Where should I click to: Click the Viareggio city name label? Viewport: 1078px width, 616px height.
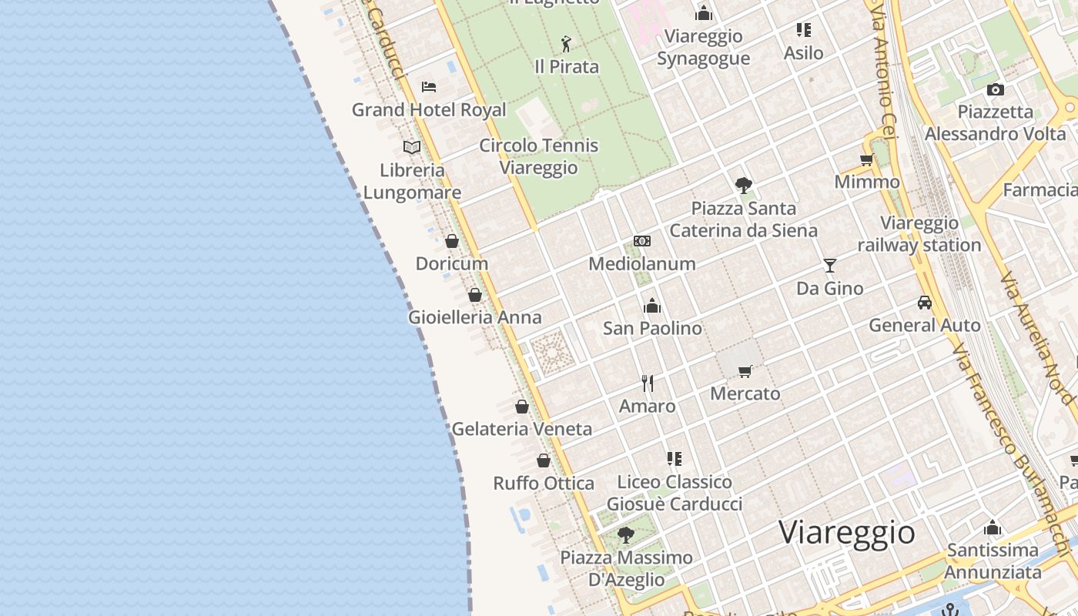tap(846, 532)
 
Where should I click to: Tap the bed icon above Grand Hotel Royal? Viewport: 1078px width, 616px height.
tap(429, 87)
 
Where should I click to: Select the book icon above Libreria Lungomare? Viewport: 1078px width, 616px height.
tap(412, 147)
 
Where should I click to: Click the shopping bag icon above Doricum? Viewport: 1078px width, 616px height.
tap(452, 241)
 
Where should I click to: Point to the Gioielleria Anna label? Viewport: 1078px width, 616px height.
tap(474, 317)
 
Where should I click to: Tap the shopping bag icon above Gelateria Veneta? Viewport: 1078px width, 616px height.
tap(522, 407)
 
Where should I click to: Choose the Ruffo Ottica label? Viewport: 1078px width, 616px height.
tap(544, 484)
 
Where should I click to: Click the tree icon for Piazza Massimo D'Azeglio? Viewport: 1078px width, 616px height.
tap(626, 534)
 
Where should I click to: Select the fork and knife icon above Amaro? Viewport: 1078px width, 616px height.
tap(648, 383)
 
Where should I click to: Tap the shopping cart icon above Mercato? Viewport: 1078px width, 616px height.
tap(745, 371)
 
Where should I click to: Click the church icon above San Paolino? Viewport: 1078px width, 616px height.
tap(652, 306)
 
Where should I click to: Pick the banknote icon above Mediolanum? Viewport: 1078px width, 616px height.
tap(642, 241)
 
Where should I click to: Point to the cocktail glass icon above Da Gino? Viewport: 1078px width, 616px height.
tap(829, 266)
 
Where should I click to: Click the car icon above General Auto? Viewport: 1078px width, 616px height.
tap(925, 303)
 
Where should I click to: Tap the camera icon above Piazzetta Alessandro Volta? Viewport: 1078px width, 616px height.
tap(995, 89)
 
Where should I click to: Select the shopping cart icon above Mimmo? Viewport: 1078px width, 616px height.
tap(867, 160)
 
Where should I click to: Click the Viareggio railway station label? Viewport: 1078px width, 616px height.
tap(919, 234)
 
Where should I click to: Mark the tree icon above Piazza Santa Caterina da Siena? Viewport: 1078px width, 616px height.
tap(743, 185)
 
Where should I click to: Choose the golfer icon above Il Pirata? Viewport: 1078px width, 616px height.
tap(567, 44)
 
